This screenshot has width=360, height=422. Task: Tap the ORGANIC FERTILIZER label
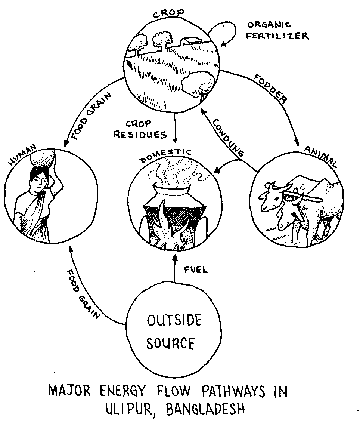pyautogui.click(x=278, y=31)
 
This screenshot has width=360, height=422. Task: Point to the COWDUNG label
pyautogui.click(x=229, y=137)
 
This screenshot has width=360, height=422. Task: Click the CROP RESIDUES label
pyautogui.click(x=140, y=129)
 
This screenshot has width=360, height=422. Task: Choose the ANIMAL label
pyautogui.click(x=321, y=157)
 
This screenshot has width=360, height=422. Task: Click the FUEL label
pyautogui.click(x=196, y=270)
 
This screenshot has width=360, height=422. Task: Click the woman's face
pyautogui.click(x=39, y=182)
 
